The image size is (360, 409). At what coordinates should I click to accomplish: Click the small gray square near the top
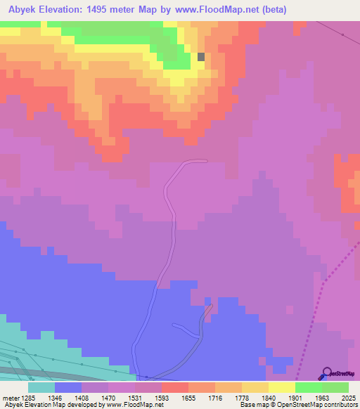point(201,57)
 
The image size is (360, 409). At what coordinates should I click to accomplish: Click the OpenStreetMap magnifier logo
point(326,373)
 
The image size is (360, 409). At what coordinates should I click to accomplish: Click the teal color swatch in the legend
point(41,387)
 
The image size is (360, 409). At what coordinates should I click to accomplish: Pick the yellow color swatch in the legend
point(282,387)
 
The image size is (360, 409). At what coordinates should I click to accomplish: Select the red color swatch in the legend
point(175,387)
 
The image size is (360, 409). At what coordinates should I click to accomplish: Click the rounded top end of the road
point(202,161)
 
